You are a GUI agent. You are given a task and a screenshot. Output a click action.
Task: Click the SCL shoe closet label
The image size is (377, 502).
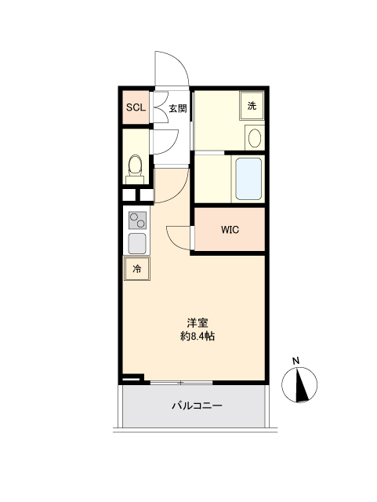pyautogui.click(x=136, y=107)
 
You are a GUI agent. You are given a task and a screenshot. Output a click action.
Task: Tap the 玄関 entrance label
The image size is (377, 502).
pyautogui.click(x=178, y=108)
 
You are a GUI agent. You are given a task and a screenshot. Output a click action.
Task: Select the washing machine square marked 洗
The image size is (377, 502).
pyautogui.click(x=252, y=106)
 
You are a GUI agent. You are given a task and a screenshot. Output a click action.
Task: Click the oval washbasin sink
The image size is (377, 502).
pyautogui.click(x=255, y=138)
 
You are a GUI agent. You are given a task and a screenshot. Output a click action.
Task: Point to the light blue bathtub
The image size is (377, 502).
pyautogui.click(x=248, y=179)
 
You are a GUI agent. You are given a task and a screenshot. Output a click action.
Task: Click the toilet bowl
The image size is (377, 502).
pyautogui.click(x=135, y=166)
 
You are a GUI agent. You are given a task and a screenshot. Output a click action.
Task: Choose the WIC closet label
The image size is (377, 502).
pyautogui.click(x=230, y=230)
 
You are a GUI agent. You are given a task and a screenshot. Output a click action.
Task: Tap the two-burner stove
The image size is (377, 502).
pyautogui.click(x=138, y=220)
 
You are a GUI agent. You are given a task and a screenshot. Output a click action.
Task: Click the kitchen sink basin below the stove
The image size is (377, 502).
pyautogui.click(x=137, y=243)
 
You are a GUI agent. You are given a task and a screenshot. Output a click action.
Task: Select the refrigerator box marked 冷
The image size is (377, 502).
pyautogui.click(x=137, y=268)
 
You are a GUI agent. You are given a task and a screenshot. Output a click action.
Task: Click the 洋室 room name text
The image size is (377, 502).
pyautogui.click(x=198, y=322)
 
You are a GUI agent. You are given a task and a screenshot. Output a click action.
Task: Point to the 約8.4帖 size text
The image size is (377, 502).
pyautogui.click(x=198, y=336)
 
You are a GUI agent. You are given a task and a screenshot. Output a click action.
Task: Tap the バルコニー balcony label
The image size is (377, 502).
pyautogui.click(x=197, y=406)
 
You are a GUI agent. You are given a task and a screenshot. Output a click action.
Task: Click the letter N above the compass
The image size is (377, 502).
pyautogui.click(x=295, y=361)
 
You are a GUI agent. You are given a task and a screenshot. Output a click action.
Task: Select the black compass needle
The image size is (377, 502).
pyautogui.click(x=301, y=385)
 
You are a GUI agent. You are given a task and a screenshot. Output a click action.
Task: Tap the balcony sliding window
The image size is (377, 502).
pyautogui.click(x=181, y=383)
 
